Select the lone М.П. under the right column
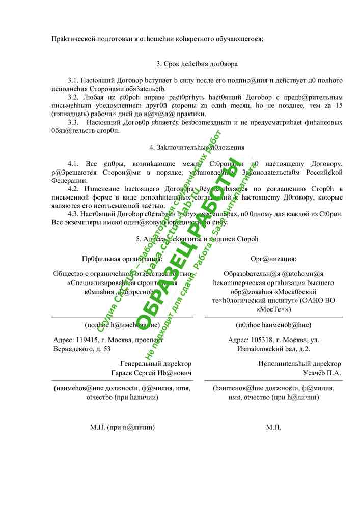pos(273,427)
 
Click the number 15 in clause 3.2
pos(339,105)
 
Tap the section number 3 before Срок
pos(158,64)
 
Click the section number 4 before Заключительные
pos(151,147)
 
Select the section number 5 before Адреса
pos(138,238)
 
